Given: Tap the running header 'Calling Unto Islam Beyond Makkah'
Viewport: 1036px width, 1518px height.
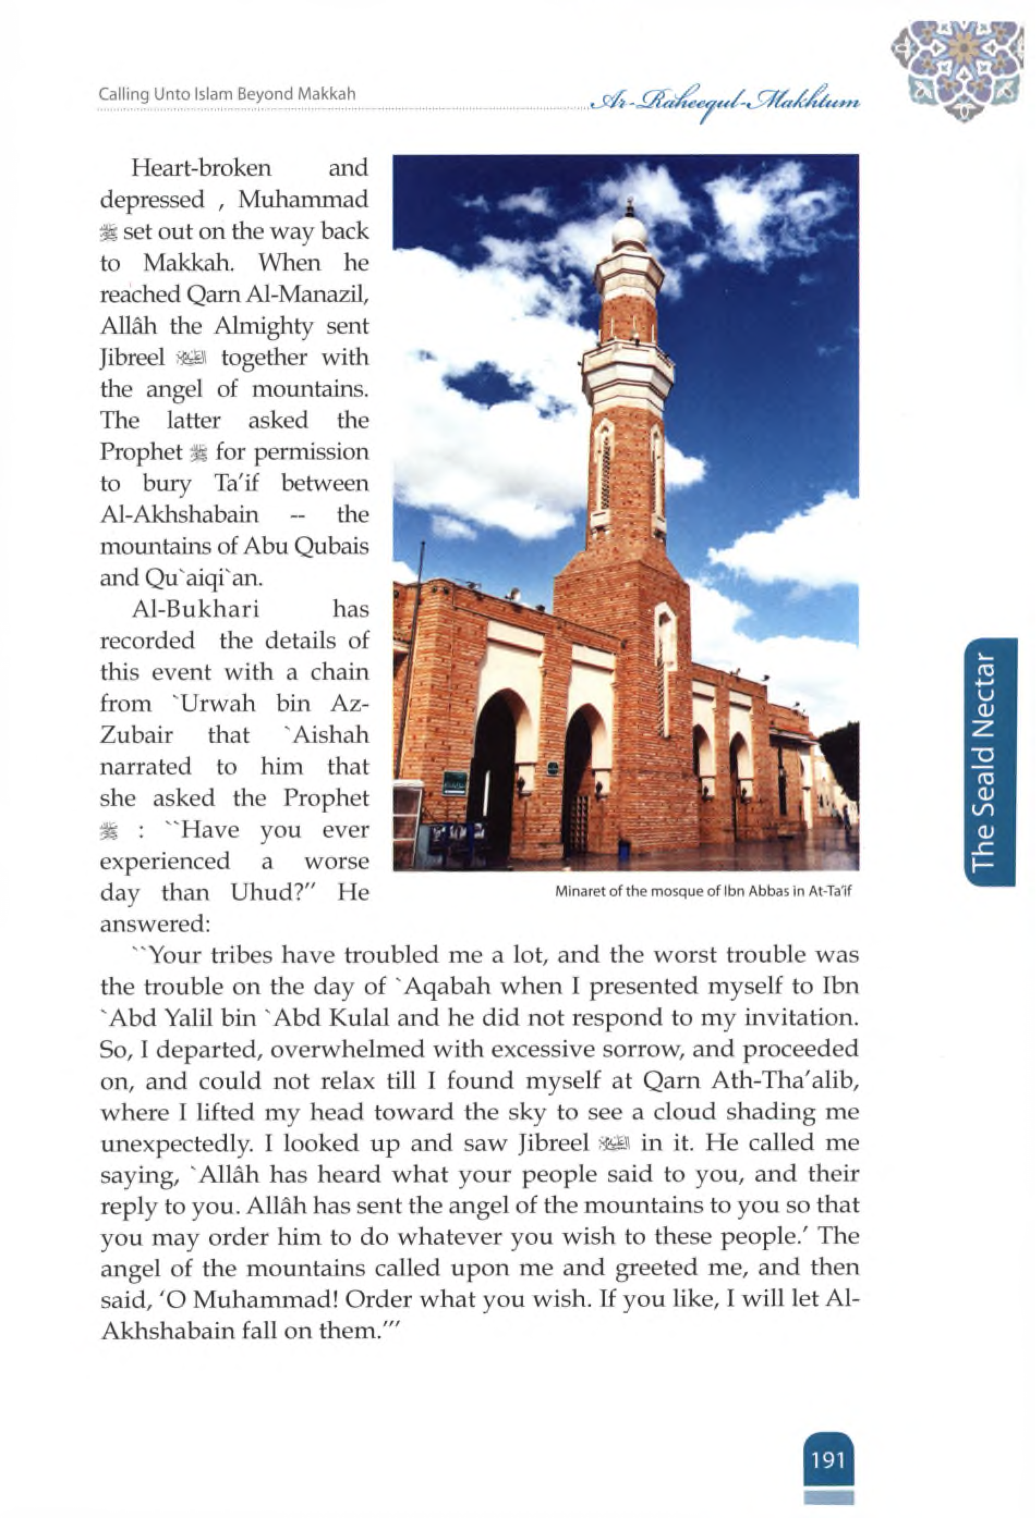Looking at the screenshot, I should [x=227, y=94].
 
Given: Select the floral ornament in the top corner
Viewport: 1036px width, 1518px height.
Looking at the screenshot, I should [x=958, y=69].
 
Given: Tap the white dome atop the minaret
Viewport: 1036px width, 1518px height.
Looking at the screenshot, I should [x=629, y=232].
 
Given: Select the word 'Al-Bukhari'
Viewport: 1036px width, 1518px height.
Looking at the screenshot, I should [x=196, y=609].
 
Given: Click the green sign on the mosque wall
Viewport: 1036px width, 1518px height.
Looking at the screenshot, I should [x=455, y=781].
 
